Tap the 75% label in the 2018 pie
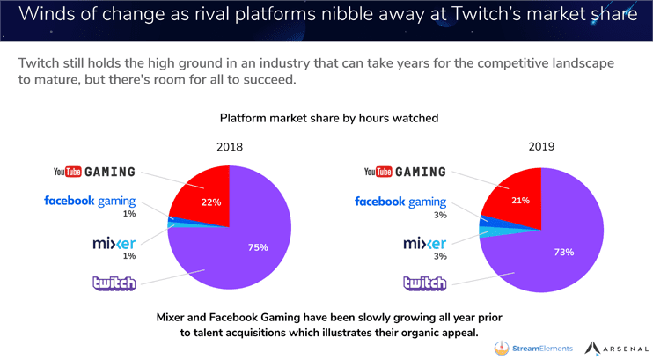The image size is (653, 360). (258, 247)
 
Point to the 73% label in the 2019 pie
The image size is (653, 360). (564, 252)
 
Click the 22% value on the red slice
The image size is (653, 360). (211, 202)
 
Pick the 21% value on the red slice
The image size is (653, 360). (521, 201)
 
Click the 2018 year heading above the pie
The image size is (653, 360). (230, 147)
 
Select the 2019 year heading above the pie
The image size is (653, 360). (541, 147)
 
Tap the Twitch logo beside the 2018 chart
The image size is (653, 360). (114, 283)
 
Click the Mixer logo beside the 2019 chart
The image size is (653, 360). (424, 243)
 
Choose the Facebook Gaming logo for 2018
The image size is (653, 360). (90, 202)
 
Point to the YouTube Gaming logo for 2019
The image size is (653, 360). (405, 172)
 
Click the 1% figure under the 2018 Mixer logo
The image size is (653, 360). (129, 256)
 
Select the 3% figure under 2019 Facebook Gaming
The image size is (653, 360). (440, 215)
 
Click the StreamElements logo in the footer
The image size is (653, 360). (533, 349)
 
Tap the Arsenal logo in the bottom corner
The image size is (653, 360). (616, 349)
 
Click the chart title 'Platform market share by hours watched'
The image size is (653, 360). (329, 118)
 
